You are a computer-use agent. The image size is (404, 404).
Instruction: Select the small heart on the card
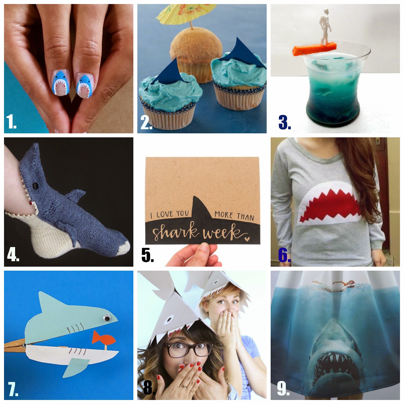247,238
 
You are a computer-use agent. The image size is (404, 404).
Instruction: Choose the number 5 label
147,255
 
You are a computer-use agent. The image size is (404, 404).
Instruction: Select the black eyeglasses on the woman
183,349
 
